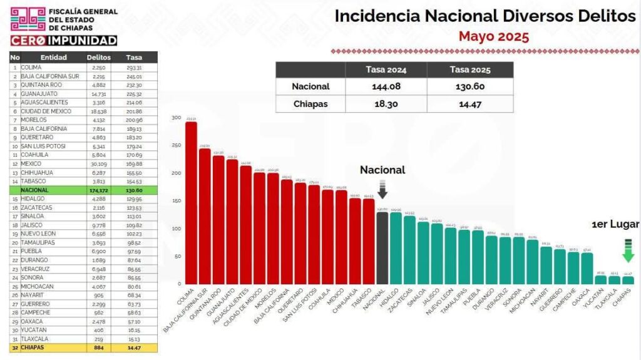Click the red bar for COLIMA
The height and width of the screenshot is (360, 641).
pyautogui.click(x=191, y=203)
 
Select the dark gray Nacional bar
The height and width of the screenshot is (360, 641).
pyautogui.click(x=382, y=248)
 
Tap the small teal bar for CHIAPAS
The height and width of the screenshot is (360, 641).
pyautogui.click(x=628, y=280)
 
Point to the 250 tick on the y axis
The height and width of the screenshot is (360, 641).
pyautogui.click(x=177, y=145)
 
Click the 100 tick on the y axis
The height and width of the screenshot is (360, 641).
pyautogui.click(x=177, y=229)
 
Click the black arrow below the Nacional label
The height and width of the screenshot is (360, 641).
pyautogui.click(x=382, y=190)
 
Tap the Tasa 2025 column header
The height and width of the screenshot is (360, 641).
pyautogui.click(x=469, y=69)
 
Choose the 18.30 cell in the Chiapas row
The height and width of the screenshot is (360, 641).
pyautogui.click(x=384, y=103)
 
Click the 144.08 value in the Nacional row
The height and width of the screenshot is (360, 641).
pyautogui.click(x=384, y=86)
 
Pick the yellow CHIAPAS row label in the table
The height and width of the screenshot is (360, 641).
pyautogui.click(x=35, y=347)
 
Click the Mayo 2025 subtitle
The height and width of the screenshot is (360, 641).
pyautogui.click(x=493, y=36)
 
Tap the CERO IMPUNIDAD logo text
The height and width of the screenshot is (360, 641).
pyautogui.click(x=63, y=41)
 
